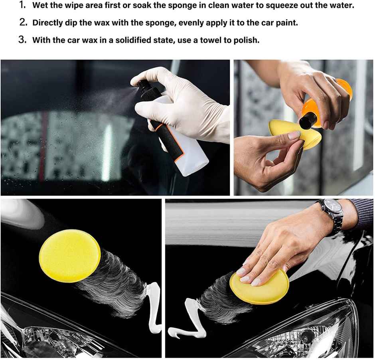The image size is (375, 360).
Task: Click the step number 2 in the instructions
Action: [x=23, y=22]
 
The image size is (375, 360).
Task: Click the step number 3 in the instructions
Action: [x=23, y=40]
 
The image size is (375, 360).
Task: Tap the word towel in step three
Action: [x=212, y=40]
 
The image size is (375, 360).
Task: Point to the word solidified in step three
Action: [x=130, y=40]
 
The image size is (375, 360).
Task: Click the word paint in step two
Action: [x=287, y=23]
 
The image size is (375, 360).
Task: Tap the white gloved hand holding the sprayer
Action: [x=187, y=104]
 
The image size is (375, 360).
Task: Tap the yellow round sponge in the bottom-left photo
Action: [x=70, y=255]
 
